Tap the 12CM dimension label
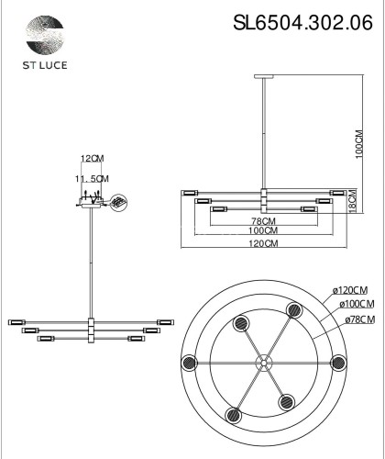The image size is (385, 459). [x=92, y=159]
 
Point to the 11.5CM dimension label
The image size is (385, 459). [x=92, y=178]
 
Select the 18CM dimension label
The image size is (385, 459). [x=362, y=207]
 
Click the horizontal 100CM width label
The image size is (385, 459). [x=264, y=232]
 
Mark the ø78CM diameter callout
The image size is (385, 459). [x=352, y=319]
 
